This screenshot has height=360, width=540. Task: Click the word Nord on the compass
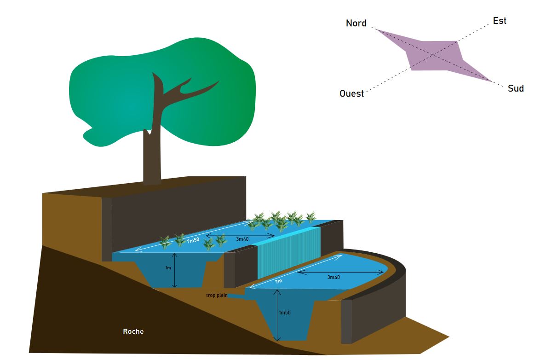(356, 23)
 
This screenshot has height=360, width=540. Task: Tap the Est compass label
(500, 21)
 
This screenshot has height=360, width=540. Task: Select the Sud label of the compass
(516, 88)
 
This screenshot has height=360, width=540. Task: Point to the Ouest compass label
(351, 93)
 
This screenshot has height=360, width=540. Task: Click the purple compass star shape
(432, 55)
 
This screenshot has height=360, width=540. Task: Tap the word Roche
(133, 331)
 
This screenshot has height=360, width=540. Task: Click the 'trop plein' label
(217, 295)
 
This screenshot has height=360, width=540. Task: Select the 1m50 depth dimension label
(285, 313)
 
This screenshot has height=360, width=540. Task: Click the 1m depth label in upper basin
(168, 267)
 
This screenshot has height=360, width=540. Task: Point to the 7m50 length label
(193, 240)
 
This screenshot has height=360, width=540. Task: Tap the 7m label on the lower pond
(278, 281)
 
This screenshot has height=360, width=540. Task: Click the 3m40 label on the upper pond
(242, 239)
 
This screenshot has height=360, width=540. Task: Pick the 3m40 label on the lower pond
(333, 277)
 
